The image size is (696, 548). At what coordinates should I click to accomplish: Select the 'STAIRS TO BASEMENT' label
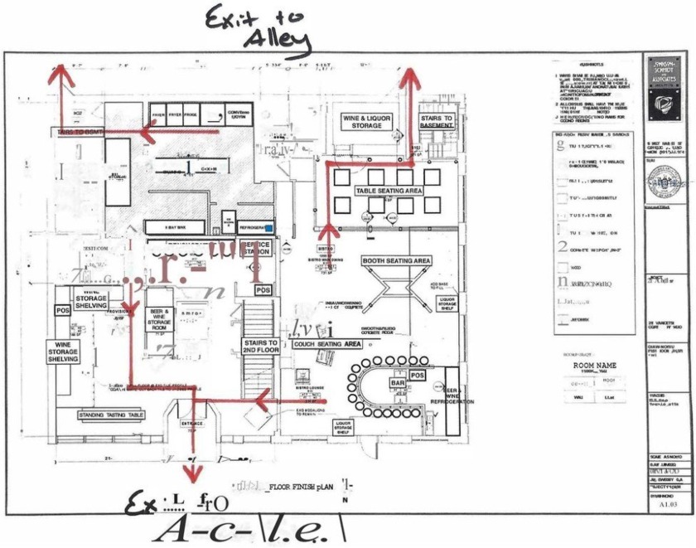click(437, 124)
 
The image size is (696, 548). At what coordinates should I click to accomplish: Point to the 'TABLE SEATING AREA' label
click(389, 192)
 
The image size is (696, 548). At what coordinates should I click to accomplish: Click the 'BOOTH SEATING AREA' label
click(396, 261)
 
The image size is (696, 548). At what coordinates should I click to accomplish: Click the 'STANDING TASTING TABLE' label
click(110, 414)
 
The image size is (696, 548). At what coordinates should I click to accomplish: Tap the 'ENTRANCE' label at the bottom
click(191, 423)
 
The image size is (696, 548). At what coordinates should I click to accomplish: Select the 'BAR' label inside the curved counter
click(397, 383)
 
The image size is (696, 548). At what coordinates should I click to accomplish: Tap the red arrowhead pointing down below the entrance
click(193, 473)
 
